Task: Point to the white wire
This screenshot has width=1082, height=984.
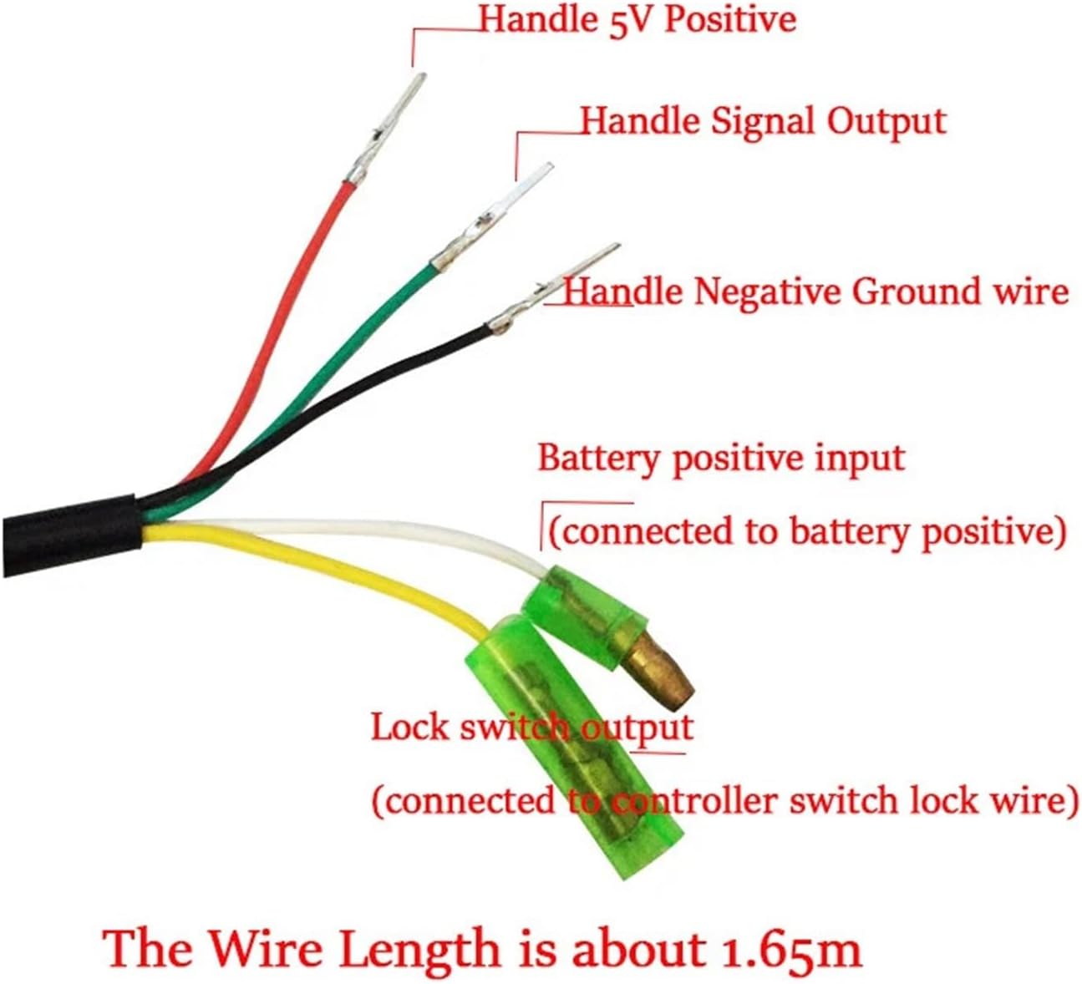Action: pos(376,530)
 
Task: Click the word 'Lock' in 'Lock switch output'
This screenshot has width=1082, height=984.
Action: pos(409,727)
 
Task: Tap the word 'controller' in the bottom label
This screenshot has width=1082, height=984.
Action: pos(693,801)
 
